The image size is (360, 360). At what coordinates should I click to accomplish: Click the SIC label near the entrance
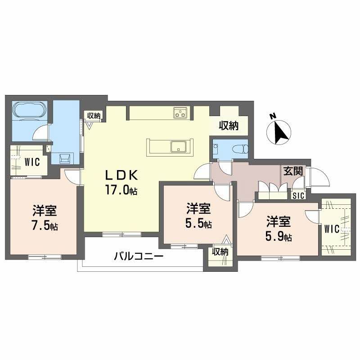pos(298,196)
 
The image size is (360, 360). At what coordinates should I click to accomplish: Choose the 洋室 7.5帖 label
pos(44,217)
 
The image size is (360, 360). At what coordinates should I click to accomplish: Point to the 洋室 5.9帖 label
pos(279,229)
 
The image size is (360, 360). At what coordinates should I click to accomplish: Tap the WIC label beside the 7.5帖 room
pos(32,161)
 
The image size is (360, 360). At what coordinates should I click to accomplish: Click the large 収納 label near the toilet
pos(229,126)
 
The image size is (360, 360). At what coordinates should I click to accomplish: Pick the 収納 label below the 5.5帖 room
pos(220,252)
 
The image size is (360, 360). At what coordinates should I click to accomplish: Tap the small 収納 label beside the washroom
pos(94,116)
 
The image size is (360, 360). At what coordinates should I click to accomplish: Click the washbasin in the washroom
pos(63,157)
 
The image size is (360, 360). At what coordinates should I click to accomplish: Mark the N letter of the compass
pos(273,117)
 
